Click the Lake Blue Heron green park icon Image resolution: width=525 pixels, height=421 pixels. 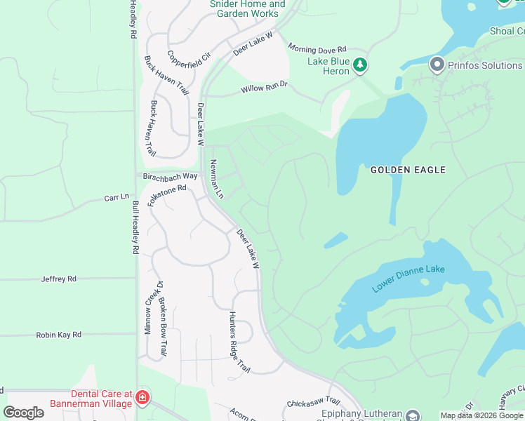click(360, 65)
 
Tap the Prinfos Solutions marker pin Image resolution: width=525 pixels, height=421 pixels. click(437, 65)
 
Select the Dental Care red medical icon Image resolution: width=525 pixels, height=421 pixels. click(142, 399)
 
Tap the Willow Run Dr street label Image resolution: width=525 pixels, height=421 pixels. click(265, 88)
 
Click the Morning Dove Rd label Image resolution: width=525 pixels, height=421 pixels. click(318, 49)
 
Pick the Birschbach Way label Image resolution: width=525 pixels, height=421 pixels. click(171, 176)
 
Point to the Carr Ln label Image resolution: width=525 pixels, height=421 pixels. click(117, 198)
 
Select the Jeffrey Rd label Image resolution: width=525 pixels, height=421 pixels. click(58, 279)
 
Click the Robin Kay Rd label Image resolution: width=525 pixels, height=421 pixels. click(59, 335)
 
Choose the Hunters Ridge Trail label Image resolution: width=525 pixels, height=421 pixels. click(239, 342)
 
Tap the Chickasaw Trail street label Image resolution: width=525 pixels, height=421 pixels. click(313, 404)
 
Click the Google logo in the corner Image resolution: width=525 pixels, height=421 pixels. click(23, 413)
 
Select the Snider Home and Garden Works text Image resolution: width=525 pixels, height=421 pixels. click(247, 8)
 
